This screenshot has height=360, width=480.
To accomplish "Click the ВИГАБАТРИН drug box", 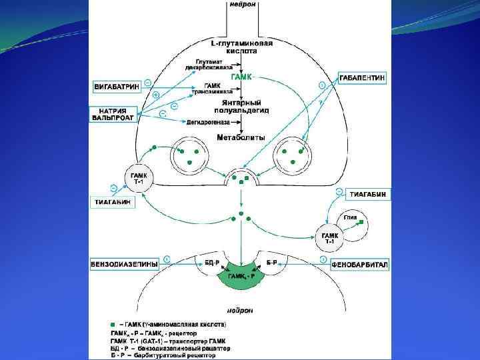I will click(115, 87).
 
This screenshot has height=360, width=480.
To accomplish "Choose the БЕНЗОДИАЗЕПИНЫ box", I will click(124, 264).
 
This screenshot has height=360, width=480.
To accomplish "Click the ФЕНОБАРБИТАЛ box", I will click(360, 265).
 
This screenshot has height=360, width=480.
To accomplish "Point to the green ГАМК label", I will click(241, 77).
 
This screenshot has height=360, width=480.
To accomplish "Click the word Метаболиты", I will click(241, 137).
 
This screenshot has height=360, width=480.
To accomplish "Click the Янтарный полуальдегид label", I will click(241, 107).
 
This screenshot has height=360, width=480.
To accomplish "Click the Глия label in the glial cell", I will click(351, 216).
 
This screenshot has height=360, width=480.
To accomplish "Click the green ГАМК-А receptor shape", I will click(241, 276).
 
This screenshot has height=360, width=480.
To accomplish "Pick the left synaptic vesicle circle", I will click(188, 156).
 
